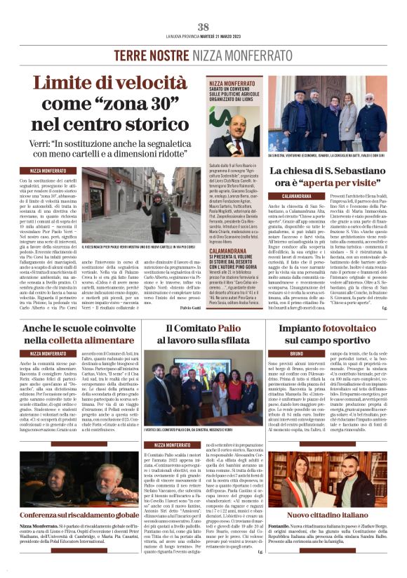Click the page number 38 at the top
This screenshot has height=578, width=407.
click(203, 27)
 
